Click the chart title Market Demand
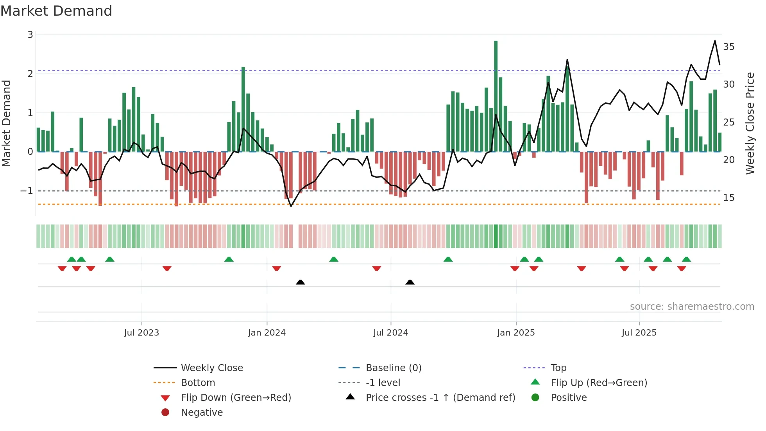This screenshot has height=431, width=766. (x=56, y=11)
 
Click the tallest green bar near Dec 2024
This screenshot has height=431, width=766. (x=496, y=96)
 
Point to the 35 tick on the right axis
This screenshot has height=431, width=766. (x=728, y=47)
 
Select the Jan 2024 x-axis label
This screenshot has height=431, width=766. (x=267, y=333)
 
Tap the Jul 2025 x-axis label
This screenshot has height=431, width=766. (x=639, y=333)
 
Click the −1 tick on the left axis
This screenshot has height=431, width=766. (x=27, y=191)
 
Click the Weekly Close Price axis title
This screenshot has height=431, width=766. (x=750, y=123)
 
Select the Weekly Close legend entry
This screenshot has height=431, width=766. (x=211, y=368)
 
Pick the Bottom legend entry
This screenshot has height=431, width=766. (x=198, y=383)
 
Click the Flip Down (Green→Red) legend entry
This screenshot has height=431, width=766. (x=236, y=398)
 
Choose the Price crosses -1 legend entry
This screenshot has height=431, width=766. (x=440, y=398)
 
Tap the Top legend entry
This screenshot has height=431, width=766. (x=558, y=368)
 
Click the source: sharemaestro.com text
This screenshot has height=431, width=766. (x=692, y=307)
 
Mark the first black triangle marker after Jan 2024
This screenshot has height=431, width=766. (x=300, y=282)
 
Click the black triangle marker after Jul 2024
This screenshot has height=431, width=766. (x=410, y=282)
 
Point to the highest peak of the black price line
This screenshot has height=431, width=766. (x=715, y=41)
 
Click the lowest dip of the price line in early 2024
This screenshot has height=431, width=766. (x=291, y=206)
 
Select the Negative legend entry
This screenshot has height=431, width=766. (x=202, y=413)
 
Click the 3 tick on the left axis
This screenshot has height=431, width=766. (x=30, y=35)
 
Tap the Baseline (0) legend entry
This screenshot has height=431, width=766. (x=393, y=368)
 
